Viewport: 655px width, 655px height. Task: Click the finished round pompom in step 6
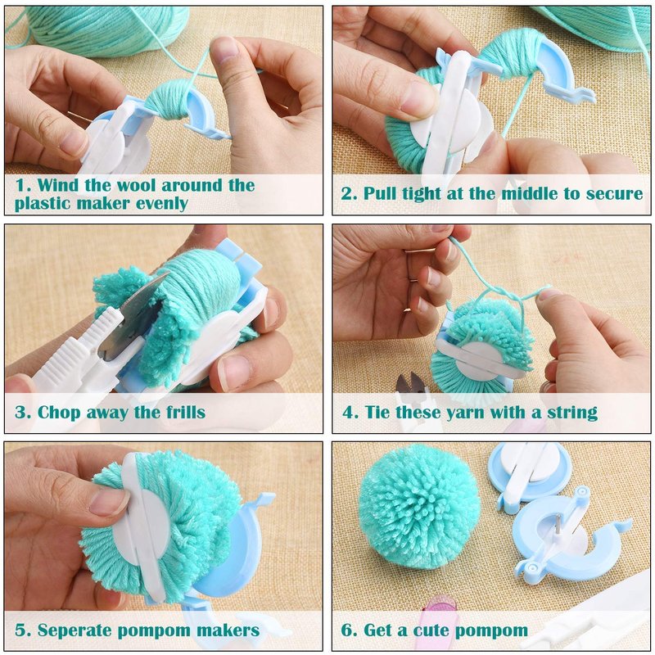(x=418, y=507)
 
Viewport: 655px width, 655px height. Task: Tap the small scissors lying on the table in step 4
(x=412, y=383)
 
